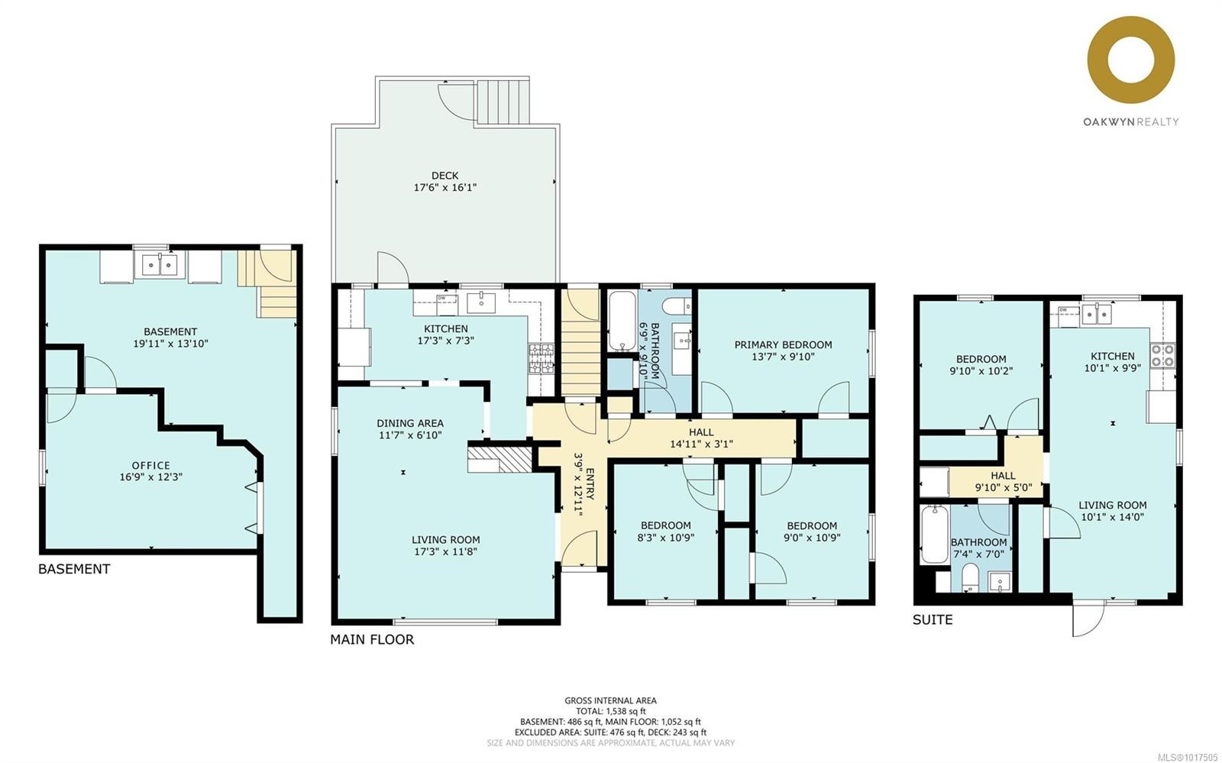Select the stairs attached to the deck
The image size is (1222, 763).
[503, 100]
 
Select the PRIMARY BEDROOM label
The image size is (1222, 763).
[783, 344]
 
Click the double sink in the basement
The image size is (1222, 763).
[160, 265]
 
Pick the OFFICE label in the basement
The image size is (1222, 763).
[150, 465]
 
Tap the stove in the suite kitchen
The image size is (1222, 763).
[1163, 356]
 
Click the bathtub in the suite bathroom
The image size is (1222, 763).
[933, 535]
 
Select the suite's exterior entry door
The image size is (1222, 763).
[1088, 617]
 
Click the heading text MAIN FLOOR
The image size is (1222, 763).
[372, 639]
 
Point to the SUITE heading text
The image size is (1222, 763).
[933, 619]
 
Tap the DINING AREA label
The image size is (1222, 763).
[409, 423]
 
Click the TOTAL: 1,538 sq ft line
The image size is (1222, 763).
[610, 711]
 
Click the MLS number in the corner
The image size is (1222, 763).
[1188, 756]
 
